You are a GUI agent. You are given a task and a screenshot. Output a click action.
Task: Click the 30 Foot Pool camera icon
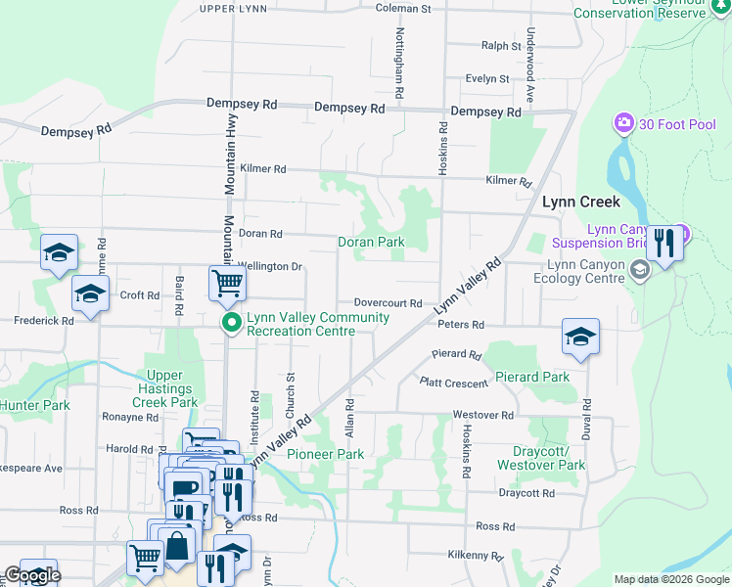coord(623,124)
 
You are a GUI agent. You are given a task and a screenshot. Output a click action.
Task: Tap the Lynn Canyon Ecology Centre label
coord(584,271)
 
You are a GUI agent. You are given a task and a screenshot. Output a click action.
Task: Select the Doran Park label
coord(371,242)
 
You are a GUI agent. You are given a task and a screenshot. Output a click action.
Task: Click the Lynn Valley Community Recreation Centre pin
coord(232,323)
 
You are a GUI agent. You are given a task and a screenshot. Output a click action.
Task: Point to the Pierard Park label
coord(531,377)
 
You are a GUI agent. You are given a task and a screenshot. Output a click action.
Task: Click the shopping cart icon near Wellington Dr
coord(227,284)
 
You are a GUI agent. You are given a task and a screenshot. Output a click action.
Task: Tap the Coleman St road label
coord(403,9)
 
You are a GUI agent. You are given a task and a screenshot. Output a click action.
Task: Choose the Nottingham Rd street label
coord(399,62)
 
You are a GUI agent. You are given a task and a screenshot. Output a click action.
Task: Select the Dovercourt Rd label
coord(388,304)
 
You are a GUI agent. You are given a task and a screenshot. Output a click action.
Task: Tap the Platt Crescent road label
coord(453,384)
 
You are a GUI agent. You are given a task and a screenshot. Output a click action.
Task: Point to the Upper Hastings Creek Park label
coord(172,388)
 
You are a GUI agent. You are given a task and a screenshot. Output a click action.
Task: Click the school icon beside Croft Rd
coord(90,294)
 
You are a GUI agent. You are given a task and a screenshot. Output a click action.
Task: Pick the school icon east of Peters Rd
coord(580,337)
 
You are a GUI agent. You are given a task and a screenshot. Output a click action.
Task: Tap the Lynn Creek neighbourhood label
coord(581,202)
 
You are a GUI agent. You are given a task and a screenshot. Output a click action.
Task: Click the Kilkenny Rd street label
coord(474,556)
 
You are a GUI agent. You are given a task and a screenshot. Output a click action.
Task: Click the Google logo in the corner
coord(32,575)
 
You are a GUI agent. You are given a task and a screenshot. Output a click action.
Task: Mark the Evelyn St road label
coord(487,78)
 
